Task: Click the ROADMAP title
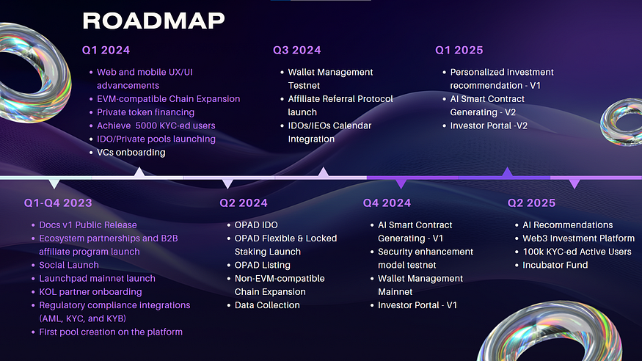[x=153, y=21]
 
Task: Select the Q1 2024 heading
[x=106, y=50]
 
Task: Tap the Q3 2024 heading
[x=297, y=50]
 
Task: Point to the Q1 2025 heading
[x=459, y=50]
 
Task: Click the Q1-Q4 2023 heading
[x=58, y=203]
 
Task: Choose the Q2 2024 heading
[x=244, y=203]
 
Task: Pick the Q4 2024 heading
[x=387, y=203]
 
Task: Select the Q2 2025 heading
[x=531, y=203]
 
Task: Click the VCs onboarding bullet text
[x=131, y=153]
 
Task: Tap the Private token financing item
[x=146, y=112]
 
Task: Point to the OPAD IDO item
[x=256, y=225]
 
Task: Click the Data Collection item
[x=267, y=305]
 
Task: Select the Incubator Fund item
[x=555, y=265]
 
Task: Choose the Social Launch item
[x=69, y=265]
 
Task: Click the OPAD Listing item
[x=263, y=265]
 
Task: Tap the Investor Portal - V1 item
[x=417, y=305]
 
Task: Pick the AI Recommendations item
[x=567, y=225]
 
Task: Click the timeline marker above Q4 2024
[x=401, y=183]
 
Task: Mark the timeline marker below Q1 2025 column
[x=507, y=172]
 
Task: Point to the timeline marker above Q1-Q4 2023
[x=54, y=183]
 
